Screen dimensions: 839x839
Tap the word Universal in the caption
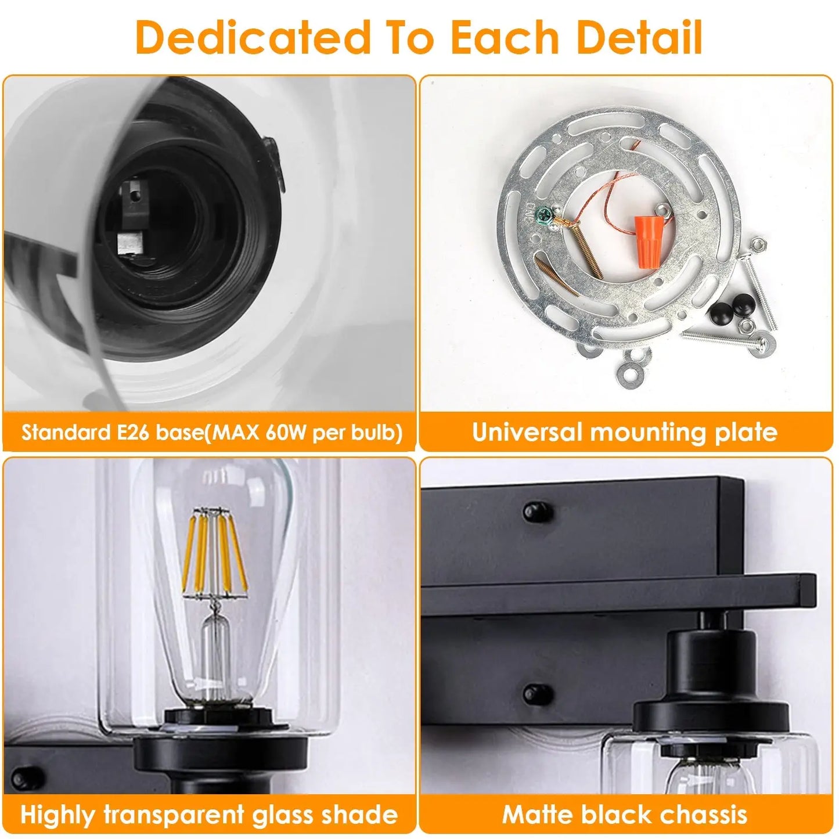tap(527, 432)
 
